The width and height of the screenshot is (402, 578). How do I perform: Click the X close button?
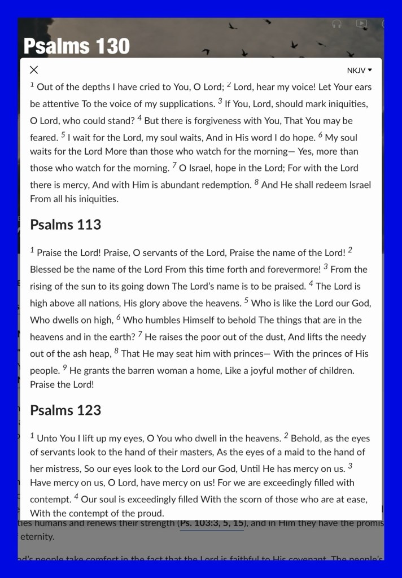pyautogui.click(x=34, y=70)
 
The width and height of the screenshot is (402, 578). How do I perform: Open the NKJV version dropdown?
pyautogui.click(x=360, y=71)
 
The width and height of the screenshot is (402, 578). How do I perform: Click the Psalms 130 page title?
pyautogui.click(x=77, y=46)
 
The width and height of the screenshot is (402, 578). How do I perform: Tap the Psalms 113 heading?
pyautogui.click(x=65, y=225)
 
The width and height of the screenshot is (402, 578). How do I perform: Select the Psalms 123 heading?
pyautogui.click(x=65, y=410)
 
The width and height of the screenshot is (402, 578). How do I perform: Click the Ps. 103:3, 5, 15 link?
pyautogui.click(x=212, y=523)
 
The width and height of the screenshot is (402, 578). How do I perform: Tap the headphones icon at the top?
pyautogui.click(x=337, y=24)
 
